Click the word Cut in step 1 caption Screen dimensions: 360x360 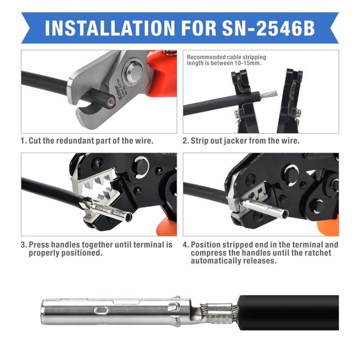(35, 140)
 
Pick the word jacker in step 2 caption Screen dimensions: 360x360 (240, 140)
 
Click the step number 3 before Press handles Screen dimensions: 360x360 (23, 245)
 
